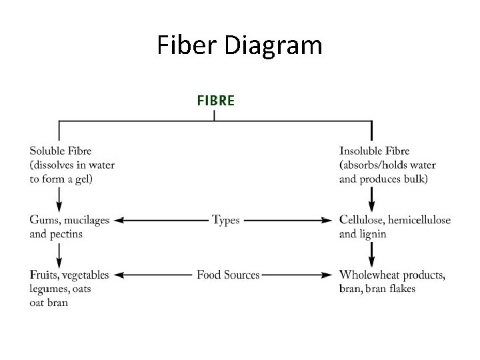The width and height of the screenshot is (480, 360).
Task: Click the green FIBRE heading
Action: [215, 101]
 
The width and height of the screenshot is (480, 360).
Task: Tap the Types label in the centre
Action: [225, 220]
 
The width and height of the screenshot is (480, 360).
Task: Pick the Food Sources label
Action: [228, 275]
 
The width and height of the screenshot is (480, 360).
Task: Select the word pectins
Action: [66, 234]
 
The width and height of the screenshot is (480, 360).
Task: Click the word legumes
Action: [48, 289]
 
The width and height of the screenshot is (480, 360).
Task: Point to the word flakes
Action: [400, 289]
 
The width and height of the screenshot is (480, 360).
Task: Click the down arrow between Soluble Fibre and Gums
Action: [59, 199]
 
